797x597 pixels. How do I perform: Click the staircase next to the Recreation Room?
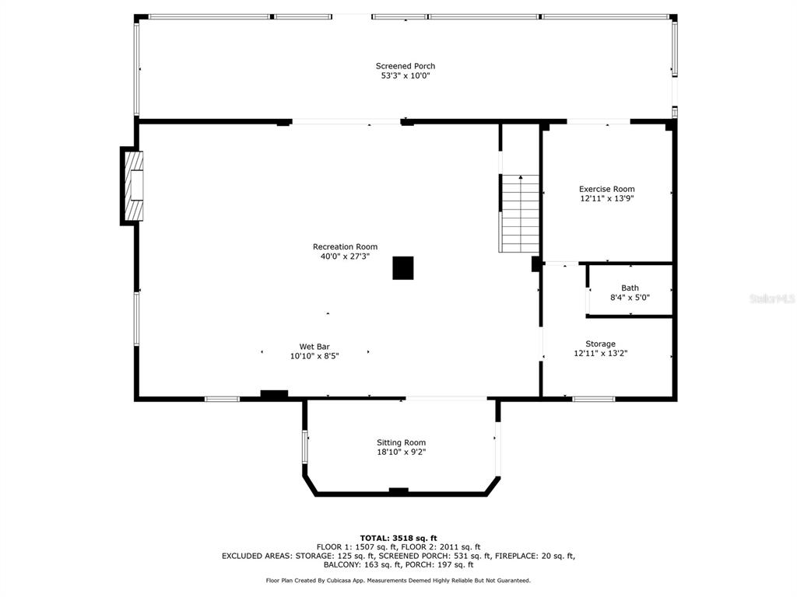click(520, 214)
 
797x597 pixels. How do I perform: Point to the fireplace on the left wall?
click(132, 186)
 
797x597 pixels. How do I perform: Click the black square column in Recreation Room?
click(403, 268)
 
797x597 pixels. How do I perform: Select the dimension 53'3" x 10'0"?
click(405, 75)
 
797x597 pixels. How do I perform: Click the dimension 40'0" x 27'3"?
click(345, 257)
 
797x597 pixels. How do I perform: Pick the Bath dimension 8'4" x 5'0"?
click(630, 298)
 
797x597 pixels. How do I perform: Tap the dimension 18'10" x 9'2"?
click(401, 452)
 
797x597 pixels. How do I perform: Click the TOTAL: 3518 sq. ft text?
click(398, 538)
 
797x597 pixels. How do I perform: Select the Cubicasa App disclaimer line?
click(398, 580)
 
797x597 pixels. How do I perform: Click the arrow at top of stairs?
click(521, 177)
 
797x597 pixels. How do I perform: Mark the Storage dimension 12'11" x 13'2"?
click(600, 354)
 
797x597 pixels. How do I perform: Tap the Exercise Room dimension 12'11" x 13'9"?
click(607, 198)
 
